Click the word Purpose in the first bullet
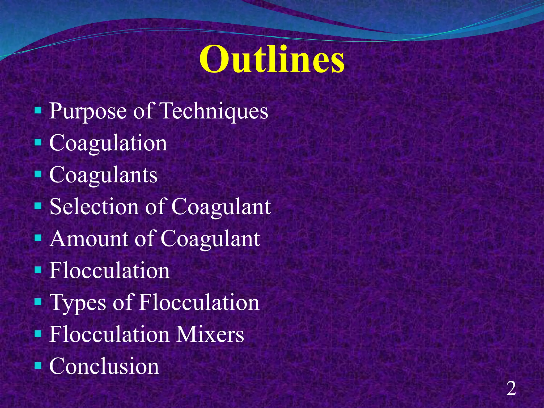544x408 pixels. pos(88,111)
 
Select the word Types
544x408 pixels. pos(78,303)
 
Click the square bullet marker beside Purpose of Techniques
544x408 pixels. pos(38,110)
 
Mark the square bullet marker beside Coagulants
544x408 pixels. pos(38,174)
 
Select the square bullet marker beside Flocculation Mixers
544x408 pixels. pos(38,333)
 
